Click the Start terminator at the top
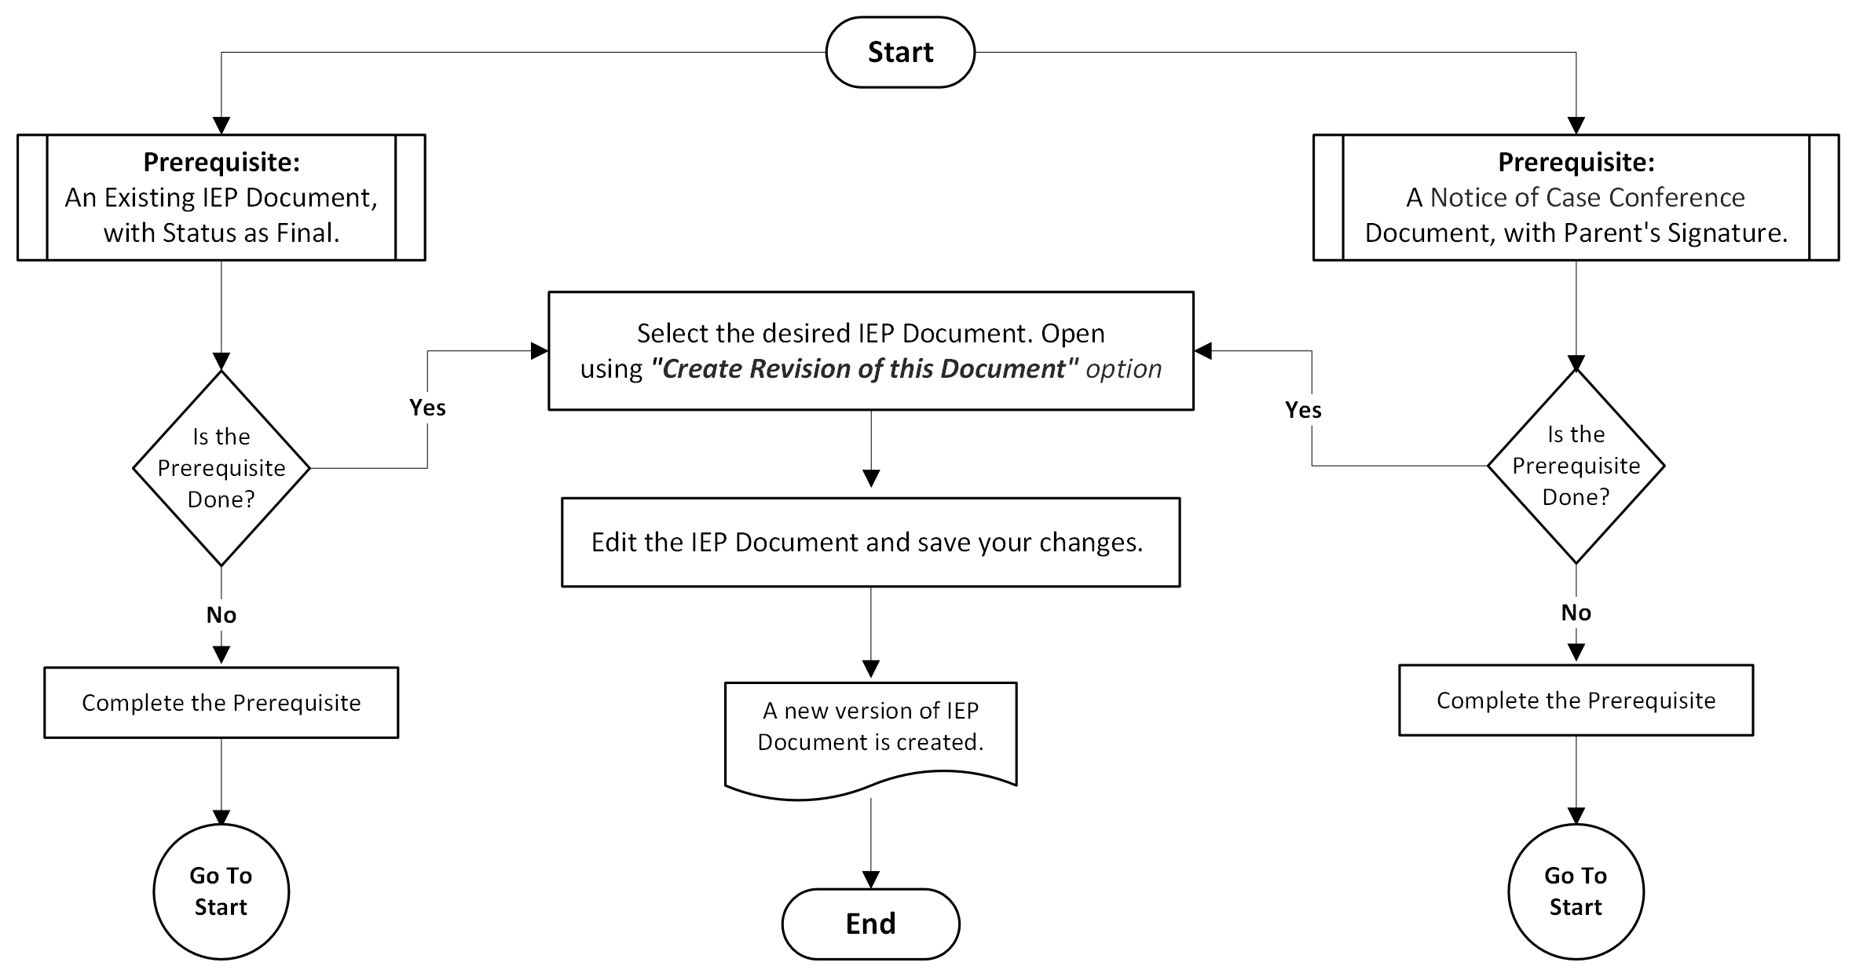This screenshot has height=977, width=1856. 900,52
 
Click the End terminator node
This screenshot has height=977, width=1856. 870,924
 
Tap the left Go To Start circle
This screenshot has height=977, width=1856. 221,891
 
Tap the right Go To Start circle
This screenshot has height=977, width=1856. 1576,891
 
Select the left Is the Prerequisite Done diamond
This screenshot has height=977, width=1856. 221,468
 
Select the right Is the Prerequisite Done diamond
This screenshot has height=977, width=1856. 1576,466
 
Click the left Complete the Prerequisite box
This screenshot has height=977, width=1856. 221,702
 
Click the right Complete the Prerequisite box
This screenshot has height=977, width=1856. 1576,700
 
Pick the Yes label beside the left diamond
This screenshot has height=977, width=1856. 427,408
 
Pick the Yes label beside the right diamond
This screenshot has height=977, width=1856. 1303,409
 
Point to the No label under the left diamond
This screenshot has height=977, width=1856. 221,614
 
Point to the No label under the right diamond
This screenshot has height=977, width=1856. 1576,612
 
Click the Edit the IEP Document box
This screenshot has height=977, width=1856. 870,542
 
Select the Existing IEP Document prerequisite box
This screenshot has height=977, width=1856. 221,197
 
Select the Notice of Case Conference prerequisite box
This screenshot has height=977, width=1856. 1576,197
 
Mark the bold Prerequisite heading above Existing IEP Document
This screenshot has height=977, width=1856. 221,162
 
